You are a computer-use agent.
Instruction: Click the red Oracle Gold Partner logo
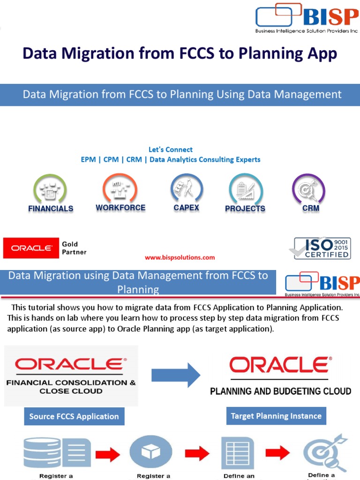point(31,248)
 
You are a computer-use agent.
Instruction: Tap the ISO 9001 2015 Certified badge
point(320,248)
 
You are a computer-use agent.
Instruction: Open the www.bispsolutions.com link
point(180,257)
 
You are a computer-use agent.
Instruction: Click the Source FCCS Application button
point(74,416)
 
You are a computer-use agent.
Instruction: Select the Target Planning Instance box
point(276,416)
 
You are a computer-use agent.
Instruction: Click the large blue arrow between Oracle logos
point(176,375)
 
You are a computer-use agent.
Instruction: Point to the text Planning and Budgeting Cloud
point(280,391)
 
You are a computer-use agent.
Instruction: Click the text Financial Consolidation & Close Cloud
point(71,387)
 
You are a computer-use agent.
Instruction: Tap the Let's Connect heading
point(171,150)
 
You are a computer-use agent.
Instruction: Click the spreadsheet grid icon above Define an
point(238,453)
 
